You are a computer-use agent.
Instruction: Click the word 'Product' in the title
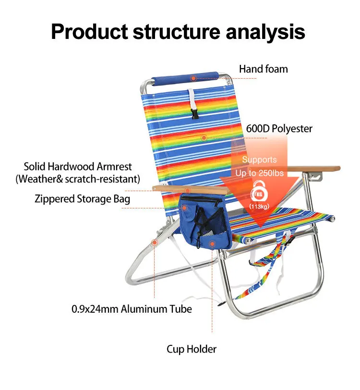pyautogui.click(x=89, y=31)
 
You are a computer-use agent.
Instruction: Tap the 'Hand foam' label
pyautogui.click(x=264, y=69)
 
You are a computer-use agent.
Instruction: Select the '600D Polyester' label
pyautogui.click(x=279, y=129)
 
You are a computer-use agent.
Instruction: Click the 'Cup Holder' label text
pyautogui.click(x=192, y=349)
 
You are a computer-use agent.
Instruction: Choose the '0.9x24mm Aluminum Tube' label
pyautogui.click(x=132, y=309)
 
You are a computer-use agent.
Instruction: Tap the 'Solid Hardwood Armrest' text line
pyautogui.click(x=78, y=167)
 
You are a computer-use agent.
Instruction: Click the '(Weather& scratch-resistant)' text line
pyautogui.click(x=78, y=179)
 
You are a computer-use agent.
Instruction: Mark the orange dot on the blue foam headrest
pyautogui.click(x=193, y=78)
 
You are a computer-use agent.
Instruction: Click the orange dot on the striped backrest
pyautogui.click(x=204, y=138)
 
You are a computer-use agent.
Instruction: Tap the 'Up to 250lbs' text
pyautogui.click(x=259, y=172)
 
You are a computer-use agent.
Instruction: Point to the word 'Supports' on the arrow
pyautogui.click(x=259, y=159)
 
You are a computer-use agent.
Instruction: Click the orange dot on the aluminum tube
pyautogui.click(x=155, y=243)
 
